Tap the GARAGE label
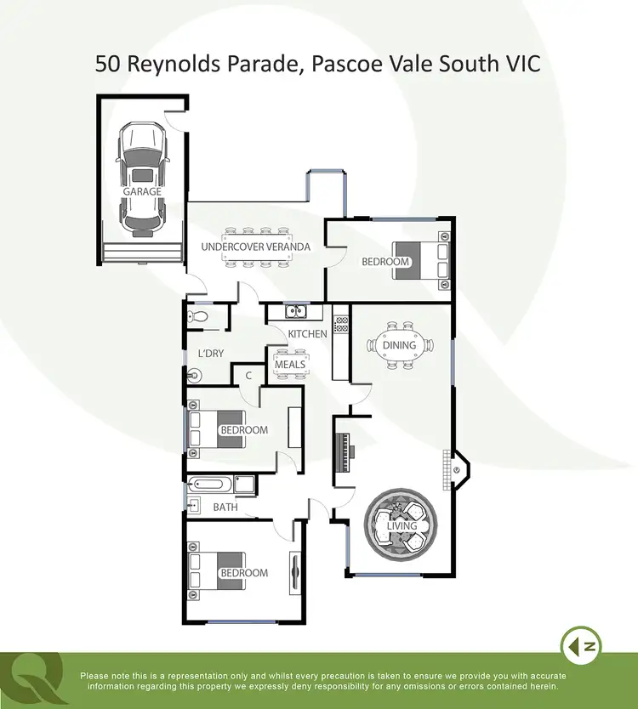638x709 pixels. tap(141, 192)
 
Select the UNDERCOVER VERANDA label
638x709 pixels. tap(255, 247)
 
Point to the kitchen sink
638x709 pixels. tap(294, 312)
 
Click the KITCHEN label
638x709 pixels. tap(307, 334)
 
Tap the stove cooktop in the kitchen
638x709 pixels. tap(341, 324)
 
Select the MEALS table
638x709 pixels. tap(289, 365)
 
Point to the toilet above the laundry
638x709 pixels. tap(198, 316)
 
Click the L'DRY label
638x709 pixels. tap(210, 353)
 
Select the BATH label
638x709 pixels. tap(225, 508)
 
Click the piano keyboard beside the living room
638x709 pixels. tap(345, 451)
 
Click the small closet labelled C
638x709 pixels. tap(248, 375)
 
